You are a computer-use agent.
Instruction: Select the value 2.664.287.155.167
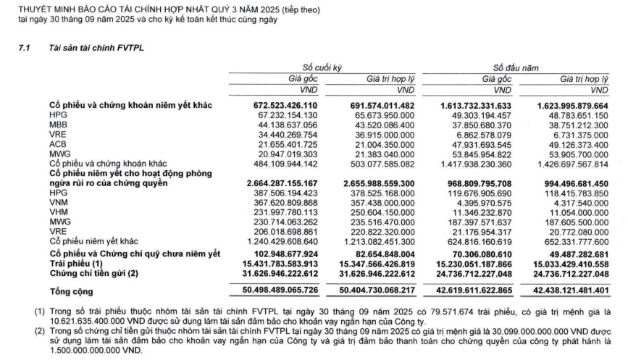pyautogui.click(x=272, y=184)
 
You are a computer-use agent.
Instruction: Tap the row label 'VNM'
pyautogui.click(x=57, y=202)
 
